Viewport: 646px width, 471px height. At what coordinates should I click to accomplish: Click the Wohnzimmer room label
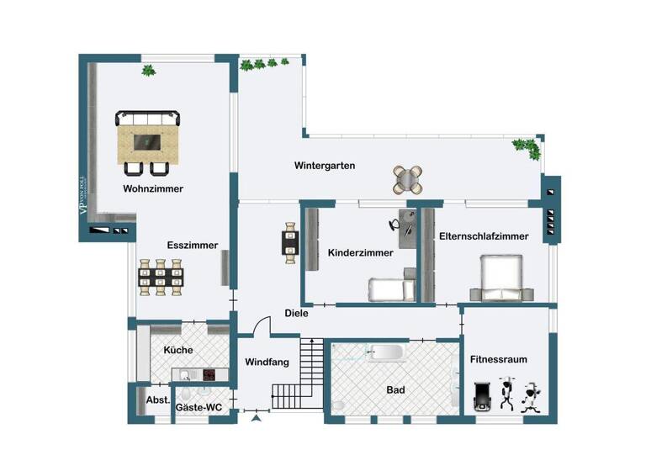tap(152, 188)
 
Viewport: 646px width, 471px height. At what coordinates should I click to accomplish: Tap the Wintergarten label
tap(324, 166)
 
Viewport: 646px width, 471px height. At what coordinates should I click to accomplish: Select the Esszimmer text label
tap(193, 246)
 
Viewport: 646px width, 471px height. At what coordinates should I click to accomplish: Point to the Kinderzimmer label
tap(360, 252)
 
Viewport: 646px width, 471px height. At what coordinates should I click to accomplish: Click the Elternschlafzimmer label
tap(484, 236)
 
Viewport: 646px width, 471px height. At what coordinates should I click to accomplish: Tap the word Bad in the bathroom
tap(395, 390)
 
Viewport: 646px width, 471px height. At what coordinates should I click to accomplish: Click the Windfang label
tap(267, 363)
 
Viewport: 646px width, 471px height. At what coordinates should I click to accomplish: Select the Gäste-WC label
tap(199, 407)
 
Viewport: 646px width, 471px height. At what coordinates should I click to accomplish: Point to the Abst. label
tap(158, 400)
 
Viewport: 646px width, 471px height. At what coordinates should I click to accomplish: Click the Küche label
tap(178, 350)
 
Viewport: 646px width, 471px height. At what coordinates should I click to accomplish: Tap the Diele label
tap(296, 313)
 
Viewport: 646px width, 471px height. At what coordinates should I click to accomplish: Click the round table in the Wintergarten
tap(406, 178)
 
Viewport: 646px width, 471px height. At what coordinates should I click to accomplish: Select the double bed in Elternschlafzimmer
tap(502, 278)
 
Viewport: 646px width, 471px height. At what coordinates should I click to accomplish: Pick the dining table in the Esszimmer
tap(160, 277)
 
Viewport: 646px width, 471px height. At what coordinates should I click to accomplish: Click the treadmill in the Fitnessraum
tap(482, 396)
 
